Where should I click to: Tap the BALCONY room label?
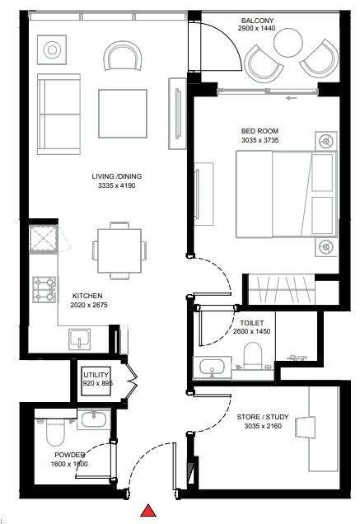click(x=257, y=21)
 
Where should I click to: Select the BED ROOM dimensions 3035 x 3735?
click(x=259, y=141)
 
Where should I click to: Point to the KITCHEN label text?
click(x=86, y=295)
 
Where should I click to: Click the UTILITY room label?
click(x=96, y=375)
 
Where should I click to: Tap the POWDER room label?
click(x=70, y=454)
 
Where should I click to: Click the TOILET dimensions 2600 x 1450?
click(x=253, y=331)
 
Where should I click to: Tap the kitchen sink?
click(x=80, y=338)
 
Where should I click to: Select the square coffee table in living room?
click(x=123, y=112)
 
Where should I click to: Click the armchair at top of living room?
click(x=124, y=58)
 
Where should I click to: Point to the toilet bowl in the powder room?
click(x=53, y=430)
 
